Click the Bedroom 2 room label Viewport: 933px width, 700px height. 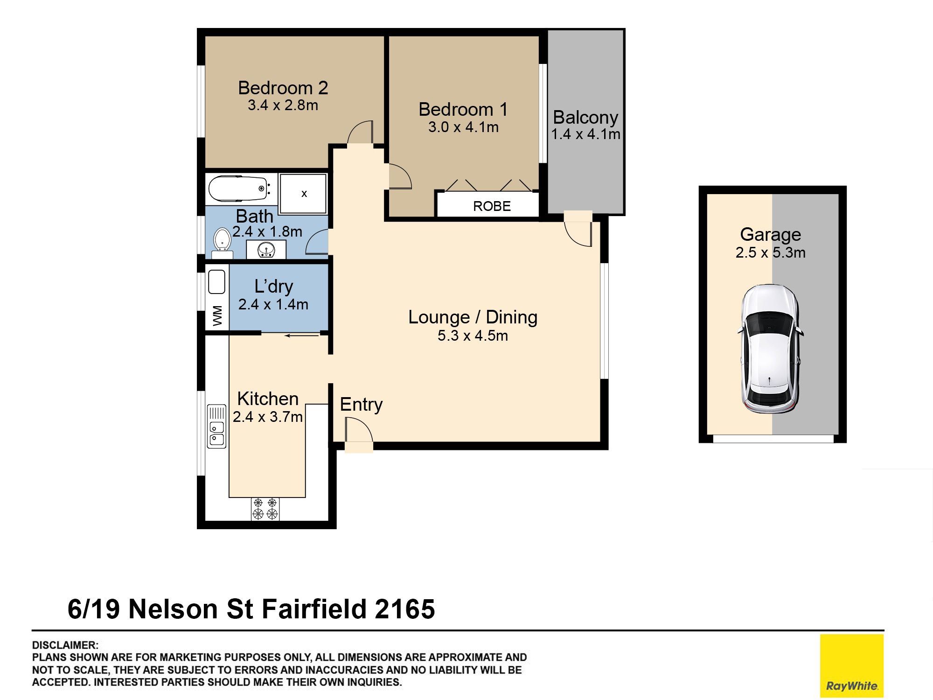(x=283, y=88)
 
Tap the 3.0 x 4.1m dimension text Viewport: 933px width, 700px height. (x=463, y=127)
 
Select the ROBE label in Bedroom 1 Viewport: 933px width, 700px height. (x=492, y=206)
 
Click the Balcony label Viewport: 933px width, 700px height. (x=585, y=117)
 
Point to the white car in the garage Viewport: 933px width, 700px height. (x=770, y=349)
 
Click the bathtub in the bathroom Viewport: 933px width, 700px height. (x=239, y=189)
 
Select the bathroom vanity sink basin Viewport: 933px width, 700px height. (x=266, y=250)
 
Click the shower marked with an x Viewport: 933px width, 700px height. (x=303, y=193)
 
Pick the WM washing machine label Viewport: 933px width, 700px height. (x=217, y=315)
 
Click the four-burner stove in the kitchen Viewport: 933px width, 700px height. (x=265, y=509)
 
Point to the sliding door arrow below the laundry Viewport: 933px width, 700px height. (x=302, y=335)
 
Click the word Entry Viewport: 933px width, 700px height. (x=361, y=405)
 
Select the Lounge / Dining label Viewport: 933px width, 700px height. (x=473, y=317)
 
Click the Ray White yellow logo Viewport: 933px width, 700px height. (x=851, y=665)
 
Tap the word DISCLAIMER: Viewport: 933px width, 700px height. (x=65, y=645)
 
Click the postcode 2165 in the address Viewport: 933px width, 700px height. (x=404, y=609)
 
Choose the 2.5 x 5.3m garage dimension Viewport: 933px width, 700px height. (x=770, y=252)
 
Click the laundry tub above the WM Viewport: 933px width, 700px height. (x=216, y=282)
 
